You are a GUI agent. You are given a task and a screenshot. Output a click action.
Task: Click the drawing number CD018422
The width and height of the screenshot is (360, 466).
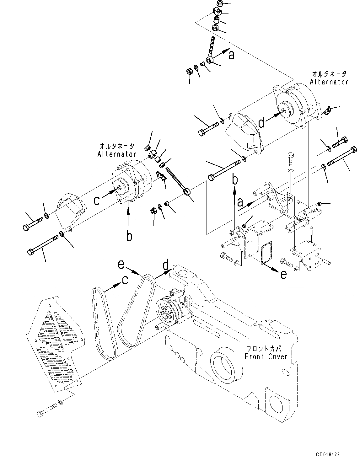[328, 454]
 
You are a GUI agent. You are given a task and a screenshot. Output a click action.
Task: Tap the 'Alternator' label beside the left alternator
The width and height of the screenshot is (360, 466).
[117, 154]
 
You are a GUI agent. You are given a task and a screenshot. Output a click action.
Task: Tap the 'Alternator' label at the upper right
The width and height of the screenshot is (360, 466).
[329, 82]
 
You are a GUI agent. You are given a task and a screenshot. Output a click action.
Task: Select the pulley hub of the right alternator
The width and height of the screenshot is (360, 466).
[284, 110]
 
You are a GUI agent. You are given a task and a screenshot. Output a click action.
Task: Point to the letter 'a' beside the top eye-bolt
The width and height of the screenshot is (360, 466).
[232, 56]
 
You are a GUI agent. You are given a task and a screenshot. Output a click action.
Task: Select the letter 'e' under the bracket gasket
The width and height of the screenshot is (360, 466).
[283, 274]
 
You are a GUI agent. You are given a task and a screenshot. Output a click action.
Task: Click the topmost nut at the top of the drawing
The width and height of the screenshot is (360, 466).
[220, 4]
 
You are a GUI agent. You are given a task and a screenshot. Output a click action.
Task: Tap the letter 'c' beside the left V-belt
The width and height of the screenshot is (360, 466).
[125, 280]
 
